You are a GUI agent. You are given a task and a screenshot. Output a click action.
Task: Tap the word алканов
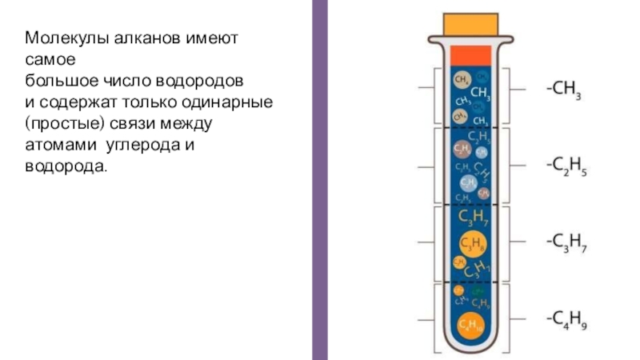click(128, 38)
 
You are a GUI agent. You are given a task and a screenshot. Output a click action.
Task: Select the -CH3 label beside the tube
click(563, 90)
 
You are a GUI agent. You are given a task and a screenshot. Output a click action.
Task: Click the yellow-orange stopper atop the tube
click(470, 23)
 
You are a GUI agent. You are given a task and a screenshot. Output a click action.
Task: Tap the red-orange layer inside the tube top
click(470, 55)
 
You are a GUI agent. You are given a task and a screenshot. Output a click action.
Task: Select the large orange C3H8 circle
click(470, 243)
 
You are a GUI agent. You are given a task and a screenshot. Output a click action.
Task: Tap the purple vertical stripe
click(318, 180)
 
